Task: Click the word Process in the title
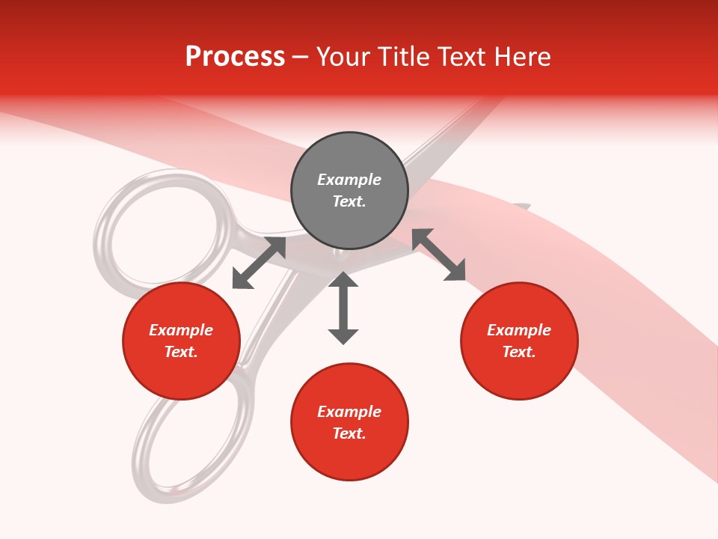pos(235,57)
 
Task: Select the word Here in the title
pos(524,57)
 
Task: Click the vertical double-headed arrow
pos(343,308)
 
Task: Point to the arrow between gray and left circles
pos(259,263)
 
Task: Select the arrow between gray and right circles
pos(439,255)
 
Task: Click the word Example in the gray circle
pos(349,180)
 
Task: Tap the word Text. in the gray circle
pos(349,201)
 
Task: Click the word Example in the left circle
pos(181,330)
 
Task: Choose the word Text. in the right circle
pos(519,352)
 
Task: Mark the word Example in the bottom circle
pos(349,412)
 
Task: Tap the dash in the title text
pos(301,58)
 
